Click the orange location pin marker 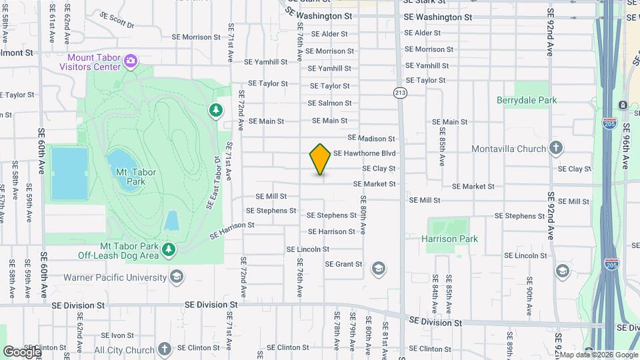(320, 159)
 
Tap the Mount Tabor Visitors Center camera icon (130, 62)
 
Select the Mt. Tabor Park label (136, 177)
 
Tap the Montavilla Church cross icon (557, 148)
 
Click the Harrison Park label (450, 239)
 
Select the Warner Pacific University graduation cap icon (177, 277)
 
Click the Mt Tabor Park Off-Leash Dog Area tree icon (169, 249)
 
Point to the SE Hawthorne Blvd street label (365, 153)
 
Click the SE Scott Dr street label (117, 19)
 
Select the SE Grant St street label (343, 264)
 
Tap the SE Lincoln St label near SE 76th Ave (308, 249)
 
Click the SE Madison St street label (373, 139)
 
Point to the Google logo (21, 351)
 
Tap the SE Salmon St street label (329, 103)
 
